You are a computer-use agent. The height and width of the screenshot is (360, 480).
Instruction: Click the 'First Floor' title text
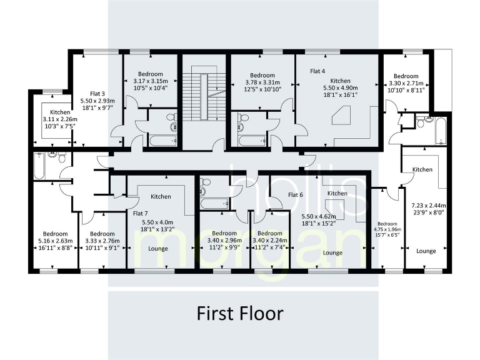241,313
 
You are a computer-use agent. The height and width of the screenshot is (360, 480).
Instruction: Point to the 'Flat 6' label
296,194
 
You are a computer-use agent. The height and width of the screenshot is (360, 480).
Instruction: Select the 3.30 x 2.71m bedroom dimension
406,83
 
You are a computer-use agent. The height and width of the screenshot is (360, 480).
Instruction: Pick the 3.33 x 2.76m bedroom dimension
102,241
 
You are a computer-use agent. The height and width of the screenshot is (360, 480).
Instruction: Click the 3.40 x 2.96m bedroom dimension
223,241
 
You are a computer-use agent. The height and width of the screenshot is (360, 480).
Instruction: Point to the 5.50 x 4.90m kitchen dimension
340,89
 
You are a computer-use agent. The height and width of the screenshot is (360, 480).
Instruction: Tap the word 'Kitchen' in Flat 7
161,197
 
